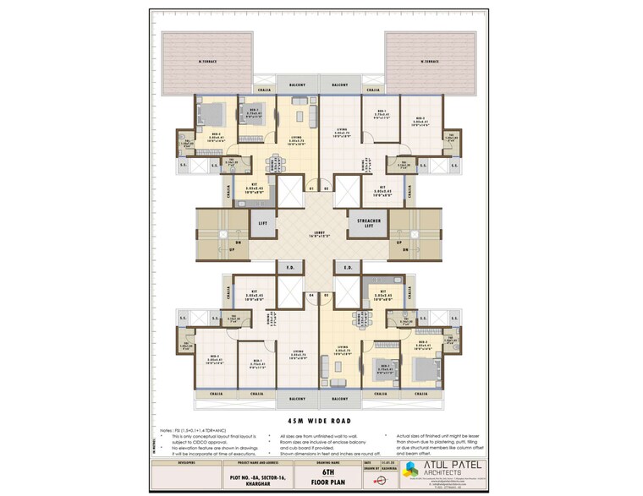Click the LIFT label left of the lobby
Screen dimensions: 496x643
263,224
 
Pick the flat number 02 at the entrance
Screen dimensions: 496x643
326,188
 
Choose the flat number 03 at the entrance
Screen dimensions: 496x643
326,295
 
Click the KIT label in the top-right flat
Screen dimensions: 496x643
382,188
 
